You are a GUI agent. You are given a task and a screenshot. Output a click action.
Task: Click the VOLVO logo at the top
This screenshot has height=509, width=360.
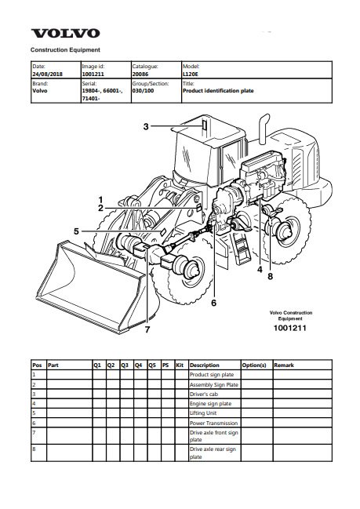pyautogui.click(x=65, y=34)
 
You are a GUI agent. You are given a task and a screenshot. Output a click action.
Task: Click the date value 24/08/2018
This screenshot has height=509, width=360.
pyautogui.click(x=47, y=74)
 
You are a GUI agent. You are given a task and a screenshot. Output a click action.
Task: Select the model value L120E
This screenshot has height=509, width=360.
pyautogui.click(x=191, y=74)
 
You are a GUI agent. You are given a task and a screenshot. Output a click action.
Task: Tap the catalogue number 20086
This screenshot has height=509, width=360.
pyautogui.click(x=140, y=74)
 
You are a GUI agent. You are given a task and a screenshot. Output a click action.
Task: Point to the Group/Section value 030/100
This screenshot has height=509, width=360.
pyautogui.click(x=143, y=91)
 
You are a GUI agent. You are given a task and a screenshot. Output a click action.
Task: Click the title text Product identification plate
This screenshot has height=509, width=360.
pyautogui.click(x=218, y=91)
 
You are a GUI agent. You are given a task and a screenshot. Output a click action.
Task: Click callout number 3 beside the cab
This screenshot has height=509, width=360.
pyautogui.click(x=146, y=126)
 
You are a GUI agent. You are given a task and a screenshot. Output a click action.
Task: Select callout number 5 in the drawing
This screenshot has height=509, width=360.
pyautogui.click(x=76, y=231)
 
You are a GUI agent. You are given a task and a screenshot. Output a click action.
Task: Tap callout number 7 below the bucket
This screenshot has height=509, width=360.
pyautogui.click(x=147, y=329)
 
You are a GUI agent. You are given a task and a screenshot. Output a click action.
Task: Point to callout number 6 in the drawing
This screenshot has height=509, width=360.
pyautogui.click(x=213, y=303)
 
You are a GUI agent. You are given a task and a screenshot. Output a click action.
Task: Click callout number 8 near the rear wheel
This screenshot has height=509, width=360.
pyautogui.click(x=271, y=277)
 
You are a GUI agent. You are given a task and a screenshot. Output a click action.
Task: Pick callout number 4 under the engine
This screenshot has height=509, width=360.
pyautogui.click(x=260, y=270)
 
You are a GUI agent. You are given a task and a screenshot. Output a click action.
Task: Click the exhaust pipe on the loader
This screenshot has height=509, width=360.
pyautogui.click(x=264, y=129)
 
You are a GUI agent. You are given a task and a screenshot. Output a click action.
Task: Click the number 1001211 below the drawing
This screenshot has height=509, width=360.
pyautogui.click(x=290, y=328)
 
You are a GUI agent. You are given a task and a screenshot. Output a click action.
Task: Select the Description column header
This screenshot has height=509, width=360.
pyautogui.click(x=205, y=365)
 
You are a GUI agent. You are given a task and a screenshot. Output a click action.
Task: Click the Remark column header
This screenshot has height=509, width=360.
pyautogui.click(x=284, y=365)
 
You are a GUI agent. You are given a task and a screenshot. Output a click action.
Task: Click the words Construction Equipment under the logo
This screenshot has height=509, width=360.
pyautogui.click(x=65, y=50)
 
